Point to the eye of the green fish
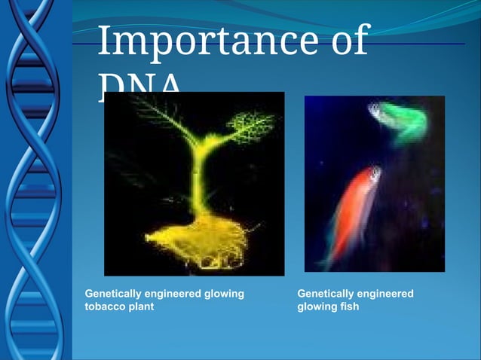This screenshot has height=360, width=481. pos(375,111)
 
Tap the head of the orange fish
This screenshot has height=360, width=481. pos(372,178)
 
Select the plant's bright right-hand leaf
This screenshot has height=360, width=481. pos(250,125)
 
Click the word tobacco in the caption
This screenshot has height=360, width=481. pos(104,307)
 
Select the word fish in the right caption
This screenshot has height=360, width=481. pos(348,307)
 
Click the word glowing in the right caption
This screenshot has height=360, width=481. pos(316,307)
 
